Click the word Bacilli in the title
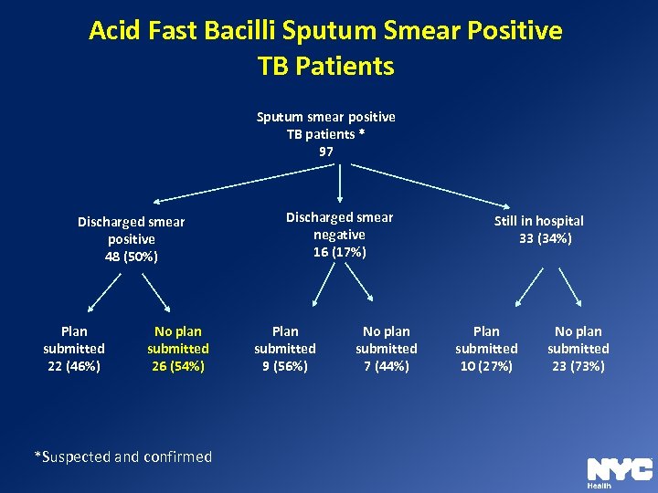(x=235, y=31)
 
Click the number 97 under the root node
(x=326, y=152)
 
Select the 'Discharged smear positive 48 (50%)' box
(x=132, y=239)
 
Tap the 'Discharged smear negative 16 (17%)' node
(x=340, y=235)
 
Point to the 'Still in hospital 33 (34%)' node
(x=539, y=229)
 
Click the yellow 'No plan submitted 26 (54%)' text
(x=178, y=349)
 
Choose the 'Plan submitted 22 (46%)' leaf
(x=74, y=349)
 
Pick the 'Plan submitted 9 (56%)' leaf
(x=285, y=349)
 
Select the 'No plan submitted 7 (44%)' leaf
(x=387, y=349)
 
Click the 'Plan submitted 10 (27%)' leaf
(x=486, y=349)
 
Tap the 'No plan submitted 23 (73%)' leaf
(x=578, y=349)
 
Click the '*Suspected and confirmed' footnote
(x=122, y=456)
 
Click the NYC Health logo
(x=620, y=471)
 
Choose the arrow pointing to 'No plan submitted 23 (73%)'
(x=570, y=287)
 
